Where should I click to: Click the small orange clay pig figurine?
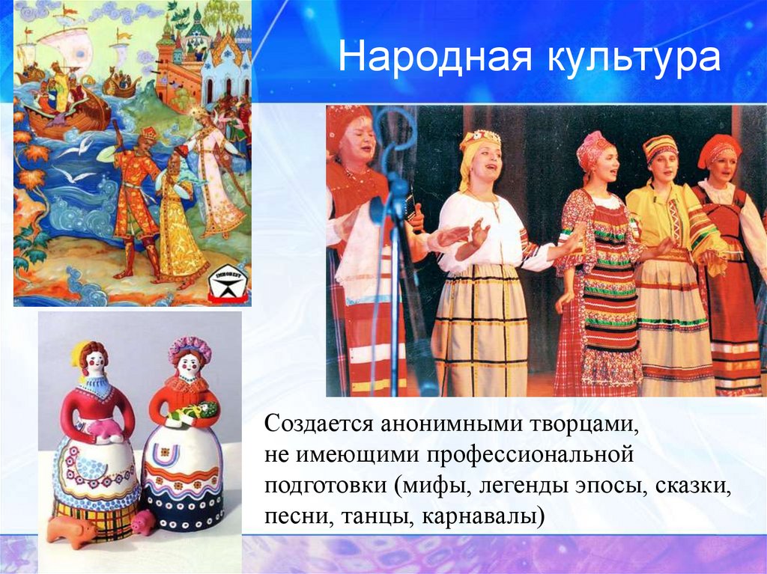click(x=71, y=530)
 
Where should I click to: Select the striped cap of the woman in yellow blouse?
click(x=659, y=147)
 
